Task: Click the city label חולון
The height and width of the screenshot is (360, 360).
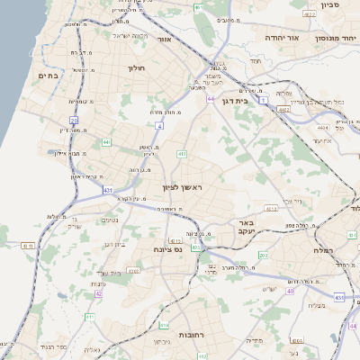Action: [x=137, y=67]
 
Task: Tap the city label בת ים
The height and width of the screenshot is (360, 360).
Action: [x=47, y=76]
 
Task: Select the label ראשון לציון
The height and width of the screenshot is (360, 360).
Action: [x=184, y=186]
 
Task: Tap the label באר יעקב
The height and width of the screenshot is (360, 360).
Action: [x=243, y=226]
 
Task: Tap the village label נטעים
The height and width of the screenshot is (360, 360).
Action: [x=110, y=220]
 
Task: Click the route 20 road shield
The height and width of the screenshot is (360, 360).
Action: [x=75, y=119]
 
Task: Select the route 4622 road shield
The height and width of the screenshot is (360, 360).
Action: [x=310, y=15]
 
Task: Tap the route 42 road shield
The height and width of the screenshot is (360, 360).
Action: [x=98, y=293]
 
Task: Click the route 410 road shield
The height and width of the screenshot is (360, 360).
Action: [x=164, y=324]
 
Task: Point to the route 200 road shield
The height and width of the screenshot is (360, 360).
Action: [x=263, y=256]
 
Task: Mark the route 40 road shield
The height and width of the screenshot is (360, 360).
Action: [x=290, y=291]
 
